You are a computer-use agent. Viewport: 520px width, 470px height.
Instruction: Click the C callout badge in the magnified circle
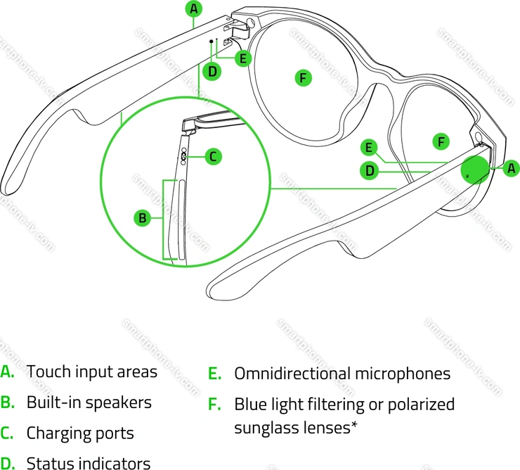214,156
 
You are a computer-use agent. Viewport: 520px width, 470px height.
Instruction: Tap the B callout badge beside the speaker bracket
142,218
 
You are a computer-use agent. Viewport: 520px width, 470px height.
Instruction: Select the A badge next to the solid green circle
512,167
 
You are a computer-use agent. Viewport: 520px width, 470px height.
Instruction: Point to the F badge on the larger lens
303,77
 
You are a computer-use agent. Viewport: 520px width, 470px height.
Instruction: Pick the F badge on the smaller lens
441,141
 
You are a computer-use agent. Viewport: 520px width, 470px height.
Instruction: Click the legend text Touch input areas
91,371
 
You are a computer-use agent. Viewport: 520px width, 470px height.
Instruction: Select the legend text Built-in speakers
89,402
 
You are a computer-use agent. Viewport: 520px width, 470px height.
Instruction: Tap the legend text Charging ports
80,433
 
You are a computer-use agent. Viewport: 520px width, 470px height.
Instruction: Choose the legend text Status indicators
88,463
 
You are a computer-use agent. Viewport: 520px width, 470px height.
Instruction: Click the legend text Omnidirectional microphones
342,373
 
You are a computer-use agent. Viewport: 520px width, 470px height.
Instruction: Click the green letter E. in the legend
214,374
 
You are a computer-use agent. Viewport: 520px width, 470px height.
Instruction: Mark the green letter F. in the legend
214,405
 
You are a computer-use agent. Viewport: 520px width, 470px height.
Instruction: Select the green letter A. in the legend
7,371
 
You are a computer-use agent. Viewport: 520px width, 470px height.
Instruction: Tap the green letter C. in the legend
7,433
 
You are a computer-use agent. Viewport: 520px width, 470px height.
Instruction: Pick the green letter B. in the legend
7,402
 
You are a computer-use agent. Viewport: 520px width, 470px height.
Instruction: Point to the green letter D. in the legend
7,463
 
